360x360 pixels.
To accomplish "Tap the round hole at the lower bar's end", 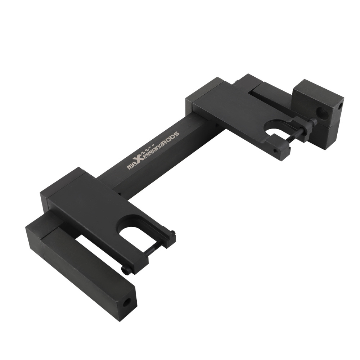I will pyautogui.click(x=126, y=302).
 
